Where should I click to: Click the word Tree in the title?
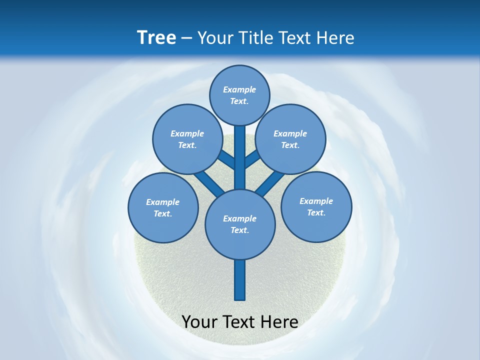tap(156, 38)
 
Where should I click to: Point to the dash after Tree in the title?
tap(186, 38)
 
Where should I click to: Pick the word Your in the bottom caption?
tap(200, 322)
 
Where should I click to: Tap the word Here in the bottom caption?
tap(278, 322)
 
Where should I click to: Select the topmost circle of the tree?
tap(239, 95)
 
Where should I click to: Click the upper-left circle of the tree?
tap(187, 139)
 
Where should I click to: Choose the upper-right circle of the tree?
tap(290, 139)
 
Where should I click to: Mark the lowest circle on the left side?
tap(163, 207)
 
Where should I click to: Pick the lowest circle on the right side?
tap(316, 206)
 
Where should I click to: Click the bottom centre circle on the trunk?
tap(240, 224)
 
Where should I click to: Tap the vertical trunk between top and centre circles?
tap(240, 157)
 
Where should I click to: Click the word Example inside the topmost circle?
tap(239, 89)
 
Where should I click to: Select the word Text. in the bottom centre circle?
tap(239, 230)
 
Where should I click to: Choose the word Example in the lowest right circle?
tap(316, 201)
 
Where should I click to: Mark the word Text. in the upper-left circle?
tap(187, 145)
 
